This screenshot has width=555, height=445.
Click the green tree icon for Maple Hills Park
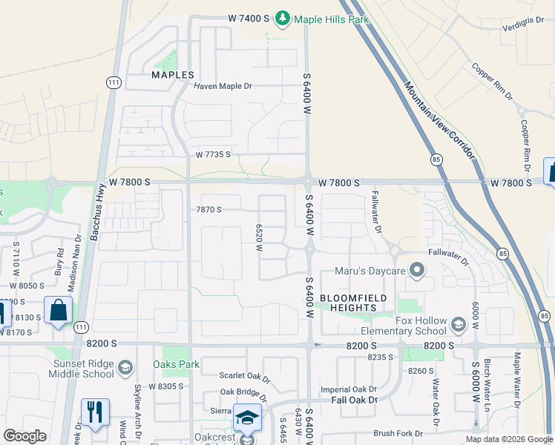point(283,17)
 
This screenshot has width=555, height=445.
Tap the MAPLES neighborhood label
point(173,75)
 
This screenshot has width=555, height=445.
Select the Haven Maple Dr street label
point(223,86)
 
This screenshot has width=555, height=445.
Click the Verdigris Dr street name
point(522,22)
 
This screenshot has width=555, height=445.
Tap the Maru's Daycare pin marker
point(416,271)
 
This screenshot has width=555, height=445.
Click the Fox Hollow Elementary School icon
point(458,323)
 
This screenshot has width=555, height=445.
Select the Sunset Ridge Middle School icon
point(125,366)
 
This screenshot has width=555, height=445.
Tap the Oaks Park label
point(176,364)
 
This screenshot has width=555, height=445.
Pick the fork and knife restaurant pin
point(95,412)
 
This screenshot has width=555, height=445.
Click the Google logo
point(24,436)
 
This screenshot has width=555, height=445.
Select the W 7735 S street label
point(214,154)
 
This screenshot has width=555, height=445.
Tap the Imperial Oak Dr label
point(349,389)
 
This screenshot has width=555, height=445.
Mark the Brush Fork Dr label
point(398,433)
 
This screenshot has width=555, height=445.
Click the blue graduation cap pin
point(246,417)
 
